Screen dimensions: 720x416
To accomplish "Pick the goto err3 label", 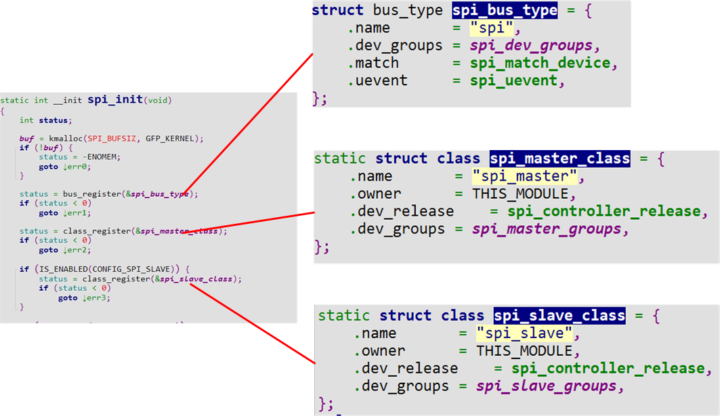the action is point(84,298).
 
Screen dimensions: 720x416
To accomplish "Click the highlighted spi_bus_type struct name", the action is point(505,11).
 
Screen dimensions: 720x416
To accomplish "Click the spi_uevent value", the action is point(513,80).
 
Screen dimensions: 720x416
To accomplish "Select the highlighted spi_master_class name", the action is point(559,159).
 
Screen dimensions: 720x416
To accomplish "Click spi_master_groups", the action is point(546,229).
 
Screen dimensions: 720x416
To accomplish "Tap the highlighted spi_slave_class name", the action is point(559,316).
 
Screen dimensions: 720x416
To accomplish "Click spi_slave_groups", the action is point(546,386).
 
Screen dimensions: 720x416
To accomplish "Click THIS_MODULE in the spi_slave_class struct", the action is point(524,351).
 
